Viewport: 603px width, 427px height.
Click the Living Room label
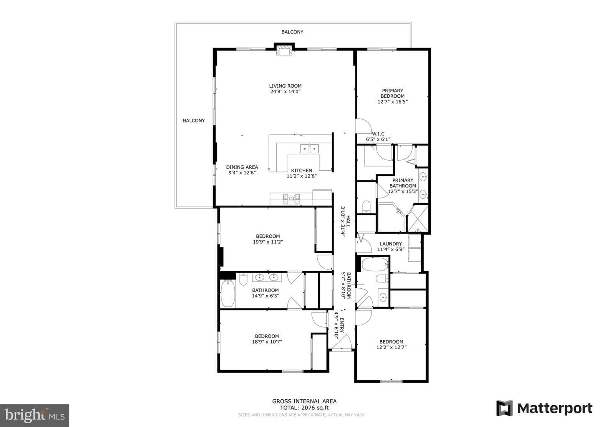point(285,86)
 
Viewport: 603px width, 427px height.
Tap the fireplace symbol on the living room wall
point(284,51)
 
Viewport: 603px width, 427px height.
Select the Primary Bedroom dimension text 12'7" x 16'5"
point(392,102)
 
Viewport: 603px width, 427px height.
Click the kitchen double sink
point(309,148)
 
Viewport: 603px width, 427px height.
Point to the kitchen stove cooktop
point(291,199)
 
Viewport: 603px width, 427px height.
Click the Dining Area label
point(242,167)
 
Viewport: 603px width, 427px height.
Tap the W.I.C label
point(378,134)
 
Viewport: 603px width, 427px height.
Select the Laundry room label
point(391,244)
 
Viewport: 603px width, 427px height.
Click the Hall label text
point(348,221)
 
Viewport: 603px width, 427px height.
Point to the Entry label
point(342,325)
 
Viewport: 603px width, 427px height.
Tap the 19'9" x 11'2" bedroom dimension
point(268,242)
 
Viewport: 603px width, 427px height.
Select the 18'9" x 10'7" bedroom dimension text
point(267,341)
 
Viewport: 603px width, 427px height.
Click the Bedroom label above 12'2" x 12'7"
point(392,341)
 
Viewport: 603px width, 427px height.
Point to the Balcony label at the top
point(292,32)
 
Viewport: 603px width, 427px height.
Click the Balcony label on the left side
point(194,120)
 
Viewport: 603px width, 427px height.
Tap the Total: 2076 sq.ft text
point(304,408)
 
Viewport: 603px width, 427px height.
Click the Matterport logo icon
point(504,409)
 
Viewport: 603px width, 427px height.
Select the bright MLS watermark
point(34,416)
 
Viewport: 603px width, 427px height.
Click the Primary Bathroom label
point(403,183)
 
